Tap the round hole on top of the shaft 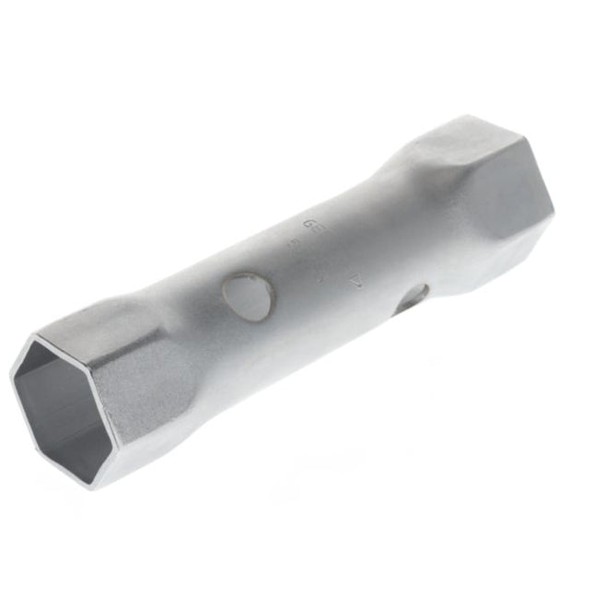(x=250, y=296)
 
